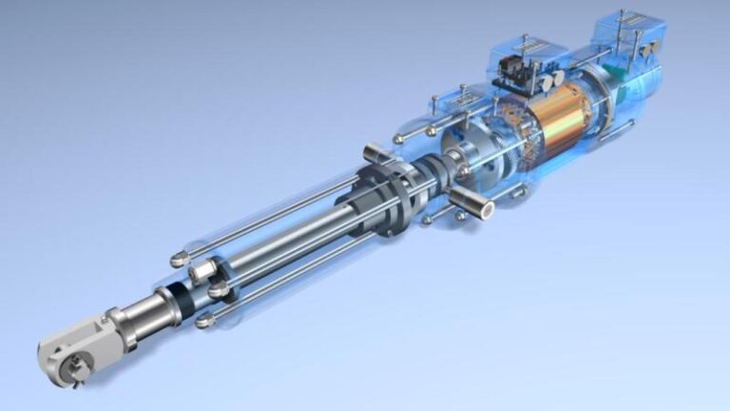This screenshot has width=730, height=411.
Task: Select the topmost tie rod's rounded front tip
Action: pos(177,260)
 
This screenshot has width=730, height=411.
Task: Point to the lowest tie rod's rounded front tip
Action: pos(202,323)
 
